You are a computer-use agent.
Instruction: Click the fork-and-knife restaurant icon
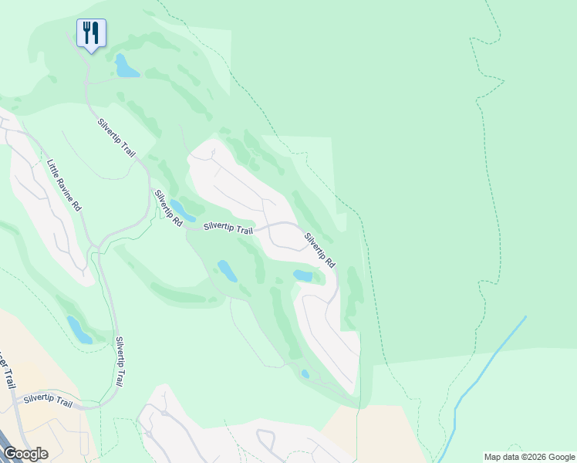click(x=91, y=33)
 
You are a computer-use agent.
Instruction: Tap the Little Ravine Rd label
click(x=63, y=185)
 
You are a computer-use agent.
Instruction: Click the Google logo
click(x=25, y=453)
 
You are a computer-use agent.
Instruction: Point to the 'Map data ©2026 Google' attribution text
click(x=529, y=457)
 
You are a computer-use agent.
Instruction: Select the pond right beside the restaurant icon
click(x=126, y=67)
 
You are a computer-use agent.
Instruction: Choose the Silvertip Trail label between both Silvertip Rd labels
click(x=228, y=228)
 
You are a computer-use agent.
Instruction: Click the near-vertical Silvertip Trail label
click(x=121, y=361)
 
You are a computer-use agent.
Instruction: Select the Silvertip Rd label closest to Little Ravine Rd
click(x=167, y=208)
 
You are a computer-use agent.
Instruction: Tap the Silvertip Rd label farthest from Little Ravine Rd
click(x=319, y=250)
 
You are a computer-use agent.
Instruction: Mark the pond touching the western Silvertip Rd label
click(x=182, y=210)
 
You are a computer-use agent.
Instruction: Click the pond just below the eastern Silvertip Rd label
click(x=303, y=275)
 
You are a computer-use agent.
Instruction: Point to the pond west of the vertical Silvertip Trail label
click(x=79, y=330)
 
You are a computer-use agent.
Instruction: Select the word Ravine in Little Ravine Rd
click(x=63, y=185)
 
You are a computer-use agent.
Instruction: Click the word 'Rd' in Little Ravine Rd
click(x=76, y=206)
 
